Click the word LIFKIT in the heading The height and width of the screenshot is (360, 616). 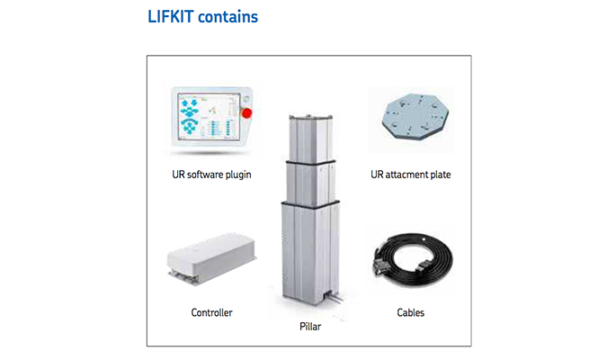[171, 17]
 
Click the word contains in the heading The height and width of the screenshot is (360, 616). [228, 17]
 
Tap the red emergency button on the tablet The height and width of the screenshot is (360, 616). [246, 113]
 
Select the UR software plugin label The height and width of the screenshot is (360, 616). [211, 175]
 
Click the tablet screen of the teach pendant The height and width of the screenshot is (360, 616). [209, 116]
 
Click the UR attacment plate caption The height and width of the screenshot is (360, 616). [411, 175]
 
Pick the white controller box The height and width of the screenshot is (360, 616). [211, 257]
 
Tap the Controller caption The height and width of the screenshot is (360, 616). [211, 312]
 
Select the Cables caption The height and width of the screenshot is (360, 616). [411, 312]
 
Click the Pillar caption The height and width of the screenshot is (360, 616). [310, 326]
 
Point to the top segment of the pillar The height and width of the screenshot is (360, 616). [311, 138]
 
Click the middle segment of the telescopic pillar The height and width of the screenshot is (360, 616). [311, 183]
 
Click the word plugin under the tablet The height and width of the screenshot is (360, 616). [238, 175]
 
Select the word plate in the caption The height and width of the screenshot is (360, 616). [441, 175]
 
